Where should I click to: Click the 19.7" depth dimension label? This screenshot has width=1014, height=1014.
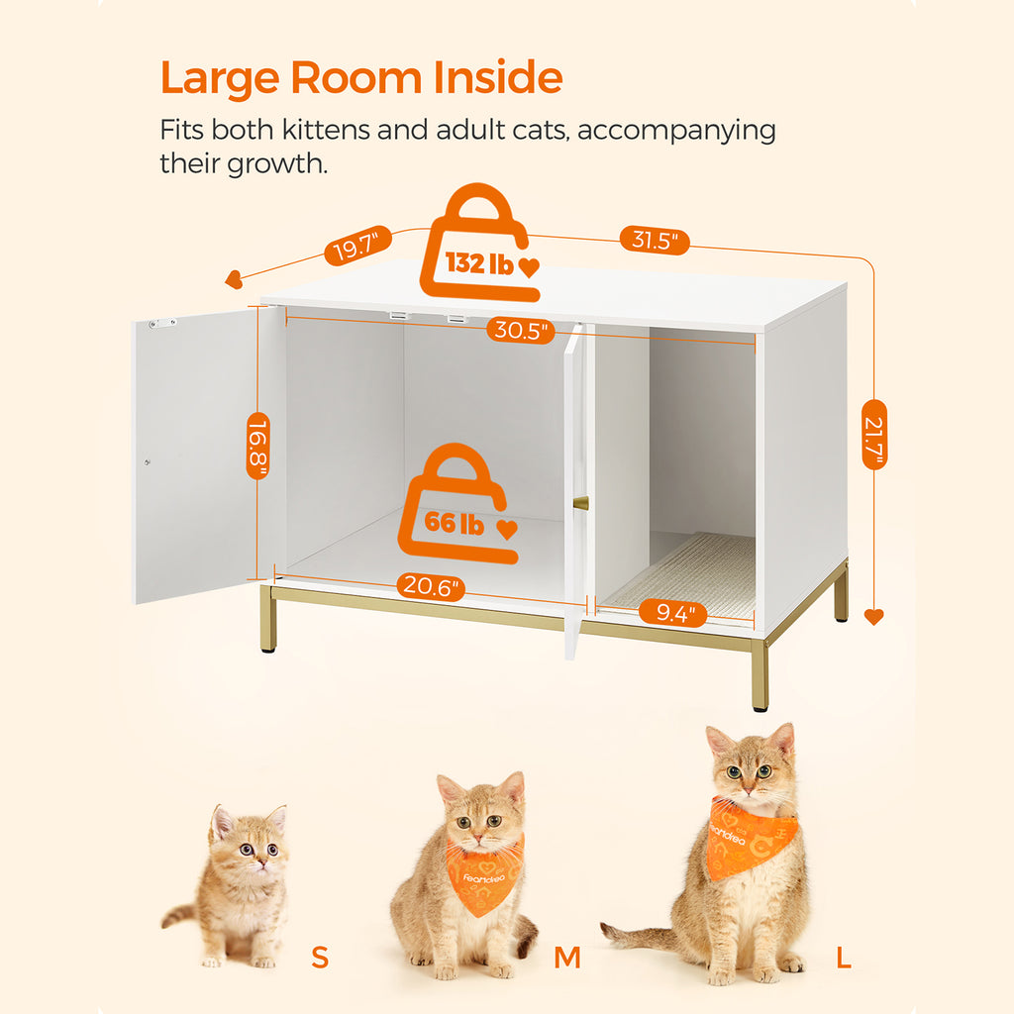tap(357, 246)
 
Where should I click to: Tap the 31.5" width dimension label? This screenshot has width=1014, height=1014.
tap(655, 241)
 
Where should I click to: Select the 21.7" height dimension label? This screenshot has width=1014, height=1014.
tap(874, 435)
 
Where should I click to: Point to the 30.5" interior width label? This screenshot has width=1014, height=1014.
tap(521, 331)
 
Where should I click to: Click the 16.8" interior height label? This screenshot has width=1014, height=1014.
tap(258, 446)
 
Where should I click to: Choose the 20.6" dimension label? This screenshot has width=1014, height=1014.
tap(430, 586)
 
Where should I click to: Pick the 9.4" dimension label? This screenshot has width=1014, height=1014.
tap(672, 612)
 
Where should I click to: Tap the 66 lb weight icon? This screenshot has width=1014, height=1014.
tap(458, 503)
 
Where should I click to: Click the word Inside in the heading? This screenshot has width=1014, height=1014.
tap(498, 77)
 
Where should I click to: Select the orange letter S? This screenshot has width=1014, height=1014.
tap(320, 957)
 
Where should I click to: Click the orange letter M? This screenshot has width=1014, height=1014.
tap(567, 958)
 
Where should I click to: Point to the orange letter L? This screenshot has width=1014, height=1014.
tap(844, 958)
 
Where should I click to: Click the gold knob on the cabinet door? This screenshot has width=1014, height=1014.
tap(580, 503)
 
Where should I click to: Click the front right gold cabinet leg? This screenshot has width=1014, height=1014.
tap(760, 675)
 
